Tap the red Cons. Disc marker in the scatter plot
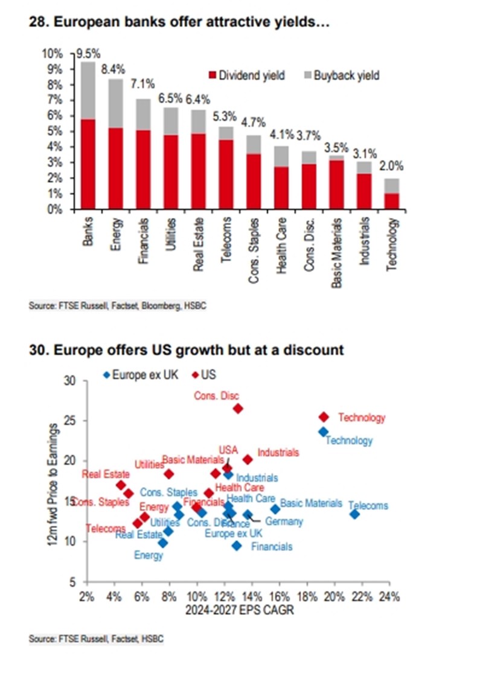[238, 409]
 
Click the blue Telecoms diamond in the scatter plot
[354, 514]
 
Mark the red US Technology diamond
[324, 417]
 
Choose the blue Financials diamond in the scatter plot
[237, 546]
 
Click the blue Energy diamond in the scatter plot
[162, 543]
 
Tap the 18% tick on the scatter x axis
[307, 598]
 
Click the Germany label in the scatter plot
[284, 521]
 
